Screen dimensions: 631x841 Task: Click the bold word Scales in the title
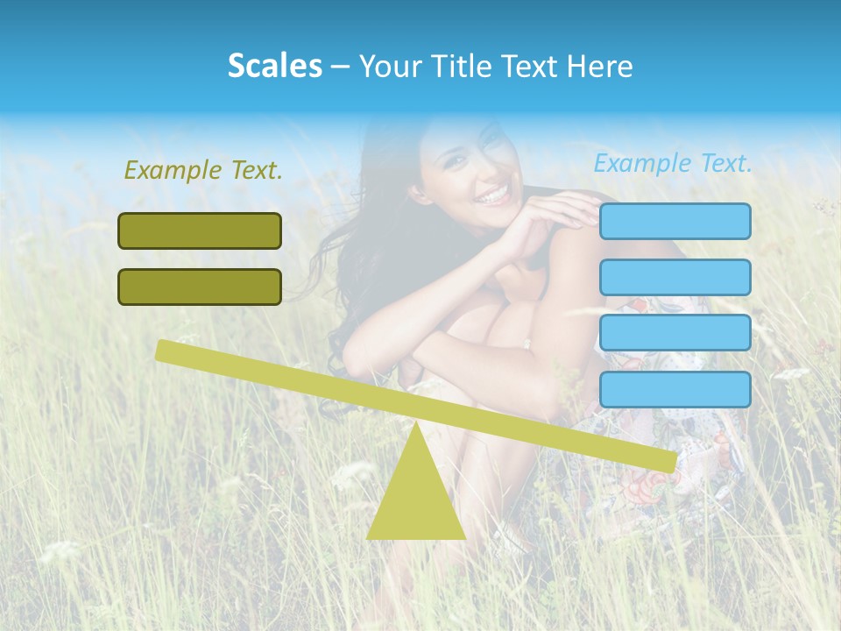(x=274, y=66)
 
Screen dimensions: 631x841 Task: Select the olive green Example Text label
(x=203, y=170)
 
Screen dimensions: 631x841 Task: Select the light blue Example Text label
(x=673, y=163)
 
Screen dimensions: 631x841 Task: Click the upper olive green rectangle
(x=200, y=230)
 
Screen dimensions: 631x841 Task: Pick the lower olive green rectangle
(x=200, y=287)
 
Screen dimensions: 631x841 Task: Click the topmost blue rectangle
(x=675, y=221)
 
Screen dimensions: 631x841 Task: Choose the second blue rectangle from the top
(x=675, y=277)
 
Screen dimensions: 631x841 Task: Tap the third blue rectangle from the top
(x=675, y=333)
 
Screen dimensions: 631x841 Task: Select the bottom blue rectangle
(x=675, y=389)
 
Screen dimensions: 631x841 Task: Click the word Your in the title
(x=387, y=66)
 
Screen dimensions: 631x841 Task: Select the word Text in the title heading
(x=530, y=66)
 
